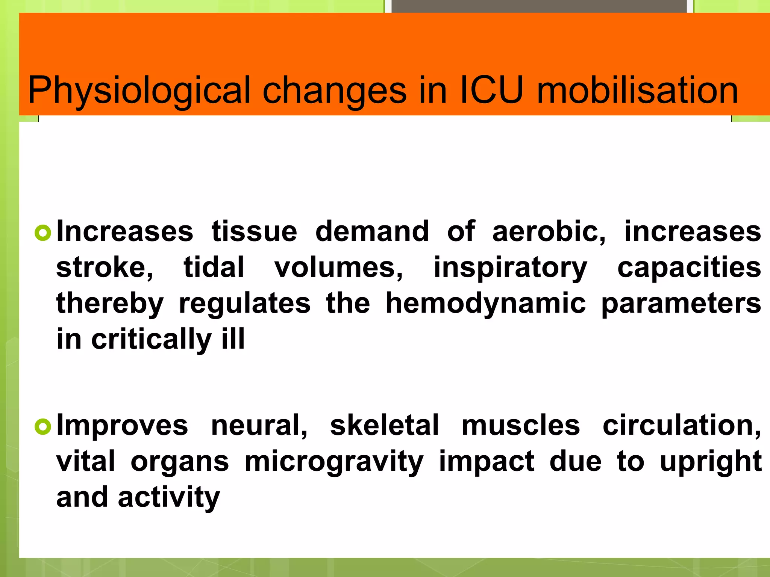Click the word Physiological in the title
[139, 91]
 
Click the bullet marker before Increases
[42, 233]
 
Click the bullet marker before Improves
[42, 427]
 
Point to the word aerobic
[549, 231]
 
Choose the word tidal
[214, 267]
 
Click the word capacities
[689, 267]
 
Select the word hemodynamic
[485, 304]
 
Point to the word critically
[152, 340]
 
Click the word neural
[259, 426]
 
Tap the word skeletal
[384, 425]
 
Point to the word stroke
[105, 267]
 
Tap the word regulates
[245, 304]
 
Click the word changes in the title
[334, 91]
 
